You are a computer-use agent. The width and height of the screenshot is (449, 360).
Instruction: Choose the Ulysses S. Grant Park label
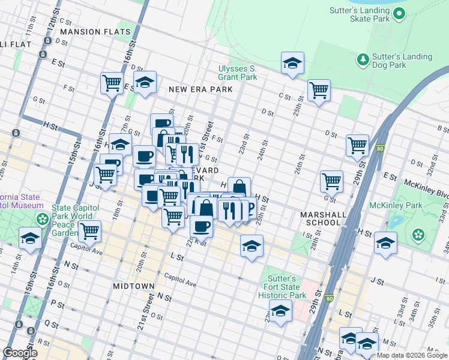tap(237, 73)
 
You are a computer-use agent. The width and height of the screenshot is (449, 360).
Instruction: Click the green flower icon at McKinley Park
tap(419, 235)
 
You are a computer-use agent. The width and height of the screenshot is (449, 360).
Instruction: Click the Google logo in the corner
tap(20, 353)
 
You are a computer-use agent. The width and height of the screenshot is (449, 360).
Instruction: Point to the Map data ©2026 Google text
tap(412, 355)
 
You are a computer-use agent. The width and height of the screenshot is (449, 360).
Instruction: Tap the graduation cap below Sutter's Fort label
tap(280, 311)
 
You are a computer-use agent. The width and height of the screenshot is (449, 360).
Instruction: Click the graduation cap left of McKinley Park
tap(385, 243)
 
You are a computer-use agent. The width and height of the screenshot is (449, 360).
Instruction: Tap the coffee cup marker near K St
tap(201, 226)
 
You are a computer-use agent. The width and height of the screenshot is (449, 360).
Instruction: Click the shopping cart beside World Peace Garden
tap(89, 230)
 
